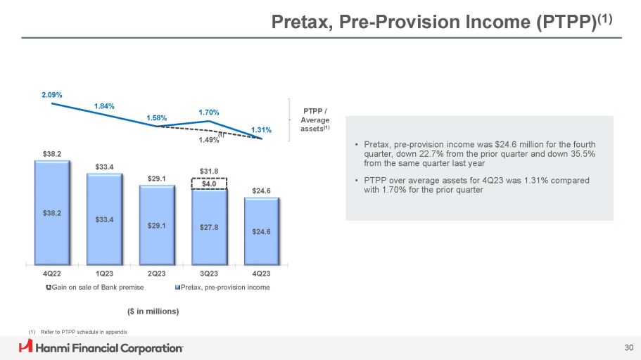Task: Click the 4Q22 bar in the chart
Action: [53, 211]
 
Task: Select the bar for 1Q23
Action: [105, 217]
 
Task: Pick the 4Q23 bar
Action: [262, 229]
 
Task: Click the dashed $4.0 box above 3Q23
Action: [210, 184]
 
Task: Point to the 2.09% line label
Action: [51, 94]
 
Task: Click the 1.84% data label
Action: [104, 106]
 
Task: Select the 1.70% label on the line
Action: [209, 112]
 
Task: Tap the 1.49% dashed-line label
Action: [208, 140]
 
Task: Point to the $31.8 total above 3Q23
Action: [210, 170]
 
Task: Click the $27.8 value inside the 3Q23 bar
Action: [210, 227]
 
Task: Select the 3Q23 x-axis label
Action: [210, 274]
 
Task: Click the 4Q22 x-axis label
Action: [53, 274]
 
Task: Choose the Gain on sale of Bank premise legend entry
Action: [95, 288]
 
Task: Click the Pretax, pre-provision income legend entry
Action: [222, 288]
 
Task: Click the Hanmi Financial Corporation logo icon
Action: [26, 347]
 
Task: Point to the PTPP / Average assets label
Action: [317, 120]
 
